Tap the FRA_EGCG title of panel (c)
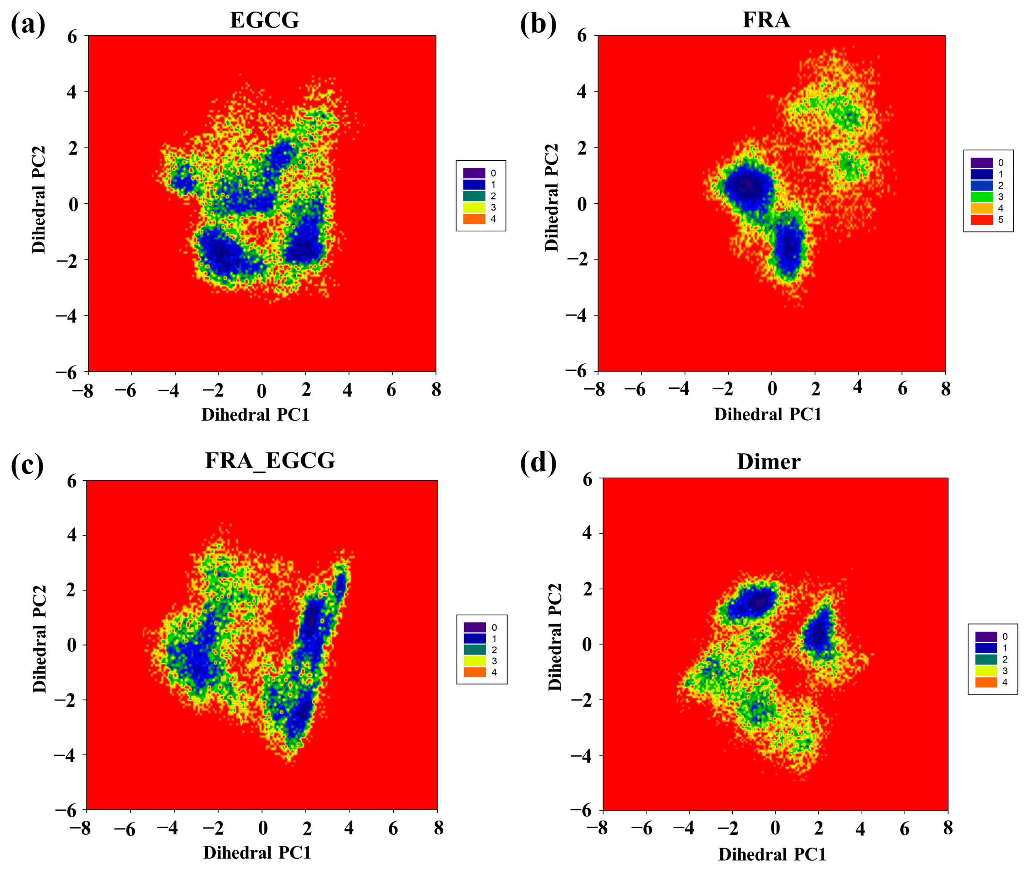pyautogui.click(x=270, y=461)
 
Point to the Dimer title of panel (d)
pyautogui.click(x=768, y=462)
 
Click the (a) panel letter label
pyautogui.click(x=28, y=24)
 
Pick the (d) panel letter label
pyautogui.click(x=538, y=463)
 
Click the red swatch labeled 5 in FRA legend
pyautogui.click(x=981, y=220)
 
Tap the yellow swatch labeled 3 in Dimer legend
pyautogui.click(x=985, y=671)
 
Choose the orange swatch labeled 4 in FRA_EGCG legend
pyautogui.click(x=474, y=672)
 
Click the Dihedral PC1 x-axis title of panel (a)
pyautogui.click(x=255, y=415)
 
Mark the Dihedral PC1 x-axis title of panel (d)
pyautogui.click(x=772, y=854)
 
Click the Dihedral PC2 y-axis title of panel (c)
pyautogui.click(x=39, y=639)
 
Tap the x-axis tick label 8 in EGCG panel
pyautogui.click(x=436, y=390)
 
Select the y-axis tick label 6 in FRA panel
pyautogui.click(x=581, y=36)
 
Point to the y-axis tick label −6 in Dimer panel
pyautogui.click(x=581, y=810)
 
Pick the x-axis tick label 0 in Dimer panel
pyautogui.click(x=775, y=828)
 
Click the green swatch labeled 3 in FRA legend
pyautogui.click(x=981, y=197)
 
